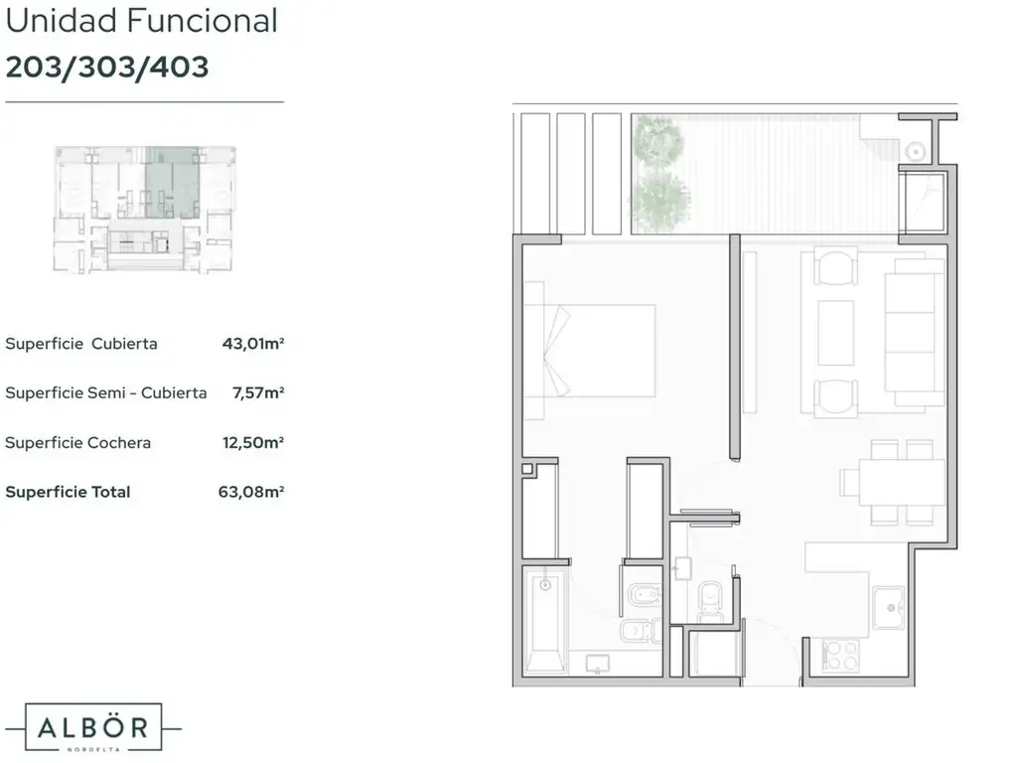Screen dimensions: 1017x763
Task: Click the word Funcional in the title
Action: [203, 20]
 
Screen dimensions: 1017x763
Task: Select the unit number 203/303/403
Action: [107, 67]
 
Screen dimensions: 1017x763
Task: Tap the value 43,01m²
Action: [253, 343]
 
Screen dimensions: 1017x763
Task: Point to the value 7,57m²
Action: [258, 392]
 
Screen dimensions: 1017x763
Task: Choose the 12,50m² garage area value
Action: [253, 442]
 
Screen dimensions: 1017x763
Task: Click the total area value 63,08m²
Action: [251, 492]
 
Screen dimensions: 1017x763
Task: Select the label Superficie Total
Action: [68, 492]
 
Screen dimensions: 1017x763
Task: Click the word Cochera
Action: [119, 442]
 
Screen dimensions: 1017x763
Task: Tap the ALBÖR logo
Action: [92, 727]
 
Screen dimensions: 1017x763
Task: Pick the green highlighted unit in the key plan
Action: [172, 183]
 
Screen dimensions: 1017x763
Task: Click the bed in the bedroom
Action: [590, 351]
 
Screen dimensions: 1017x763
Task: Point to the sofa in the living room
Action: [915, 332]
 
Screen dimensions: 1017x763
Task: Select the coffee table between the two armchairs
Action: [836, 333]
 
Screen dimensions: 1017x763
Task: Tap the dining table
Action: [902, 482]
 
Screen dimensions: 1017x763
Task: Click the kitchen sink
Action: [889, 608]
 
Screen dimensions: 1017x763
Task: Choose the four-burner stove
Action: [840, 656]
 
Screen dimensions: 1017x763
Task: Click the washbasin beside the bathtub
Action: [597, 664]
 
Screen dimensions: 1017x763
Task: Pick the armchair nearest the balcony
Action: [836, 266]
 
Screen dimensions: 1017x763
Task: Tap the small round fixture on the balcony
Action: [915, 152]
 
